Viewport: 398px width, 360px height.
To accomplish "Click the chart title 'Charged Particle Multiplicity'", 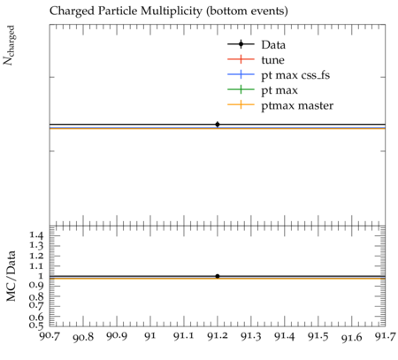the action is [x=126, y=11].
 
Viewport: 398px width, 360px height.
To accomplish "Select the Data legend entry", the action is [x=256, y=44].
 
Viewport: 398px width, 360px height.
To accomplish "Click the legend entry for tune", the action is [x=256, y=60].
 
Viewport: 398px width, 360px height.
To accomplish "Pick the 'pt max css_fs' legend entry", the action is [x=279, y=75].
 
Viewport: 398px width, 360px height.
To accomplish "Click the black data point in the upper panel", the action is [x=218, y=125].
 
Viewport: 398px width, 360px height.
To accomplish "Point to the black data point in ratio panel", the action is [x=218, y=276].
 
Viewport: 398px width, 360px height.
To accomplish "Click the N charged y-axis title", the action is [x=9, y=45].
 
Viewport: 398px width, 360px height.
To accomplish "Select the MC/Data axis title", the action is [x=11, y=276].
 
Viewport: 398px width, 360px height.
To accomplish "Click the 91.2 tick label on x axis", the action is [x=218, y=336].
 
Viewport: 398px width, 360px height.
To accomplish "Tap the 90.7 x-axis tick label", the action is [x=50, y=336].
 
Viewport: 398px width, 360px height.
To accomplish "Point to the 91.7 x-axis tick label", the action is [x=385, y=336].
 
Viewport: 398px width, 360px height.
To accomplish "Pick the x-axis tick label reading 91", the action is [x=150, y=336].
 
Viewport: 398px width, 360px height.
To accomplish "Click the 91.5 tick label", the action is [x=318, y=336].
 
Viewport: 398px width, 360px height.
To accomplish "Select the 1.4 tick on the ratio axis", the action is [x=36, y=235].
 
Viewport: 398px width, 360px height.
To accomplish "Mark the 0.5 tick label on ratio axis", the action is [x=36, y=325].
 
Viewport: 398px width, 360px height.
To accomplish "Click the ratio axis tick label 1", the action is [x=41, y=276].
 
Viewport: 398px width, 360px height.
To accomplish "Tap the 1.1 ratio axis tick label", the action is [x=36, y=266].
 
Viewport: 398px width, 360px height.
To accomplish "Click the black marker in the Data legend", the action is [x=241, y=44].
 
